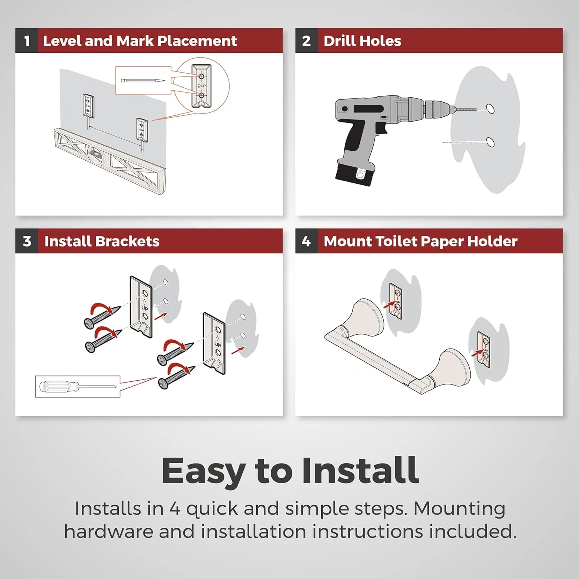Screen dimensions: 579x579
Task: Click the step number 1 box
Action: [27, 41]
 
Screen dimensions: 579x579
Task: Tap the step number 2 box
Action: [306, 41]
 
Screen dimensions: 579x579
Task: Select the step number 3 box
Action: [27, 241]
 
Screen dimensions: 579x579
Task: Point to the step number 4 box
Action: [306, 241]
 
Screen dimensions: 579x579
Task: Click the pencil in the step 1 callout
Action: [143, 81]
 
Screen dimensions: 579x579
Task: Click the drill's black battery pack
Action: [355, 173]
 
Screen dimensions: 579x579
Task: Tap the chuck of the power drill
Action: [437, 109]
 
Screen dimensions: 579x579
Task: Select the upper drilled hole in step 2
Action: [490, 108]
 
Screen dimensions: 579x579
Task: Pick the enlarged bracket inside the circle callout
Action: [201, 86]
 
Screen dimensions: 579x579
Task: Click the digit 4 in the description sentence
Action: [175, 509]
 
